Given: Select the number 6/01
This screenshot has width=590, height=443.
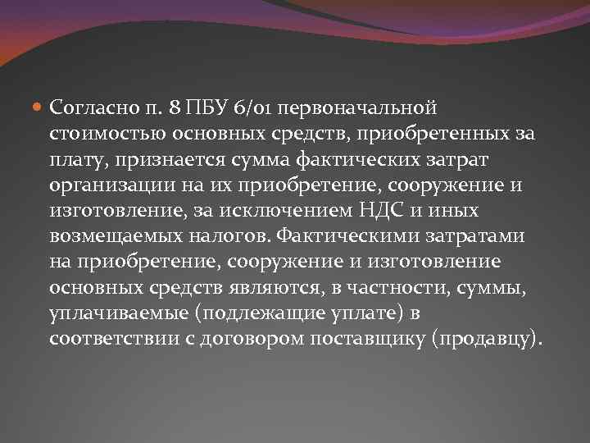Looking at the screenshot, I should (x=250, y=107).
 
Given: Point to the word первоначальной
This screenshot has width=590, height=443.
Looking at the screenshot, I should (x=355, y=107).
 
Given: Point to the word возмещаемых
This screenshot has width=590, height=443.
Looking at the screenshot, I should (x=107, y=236).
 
